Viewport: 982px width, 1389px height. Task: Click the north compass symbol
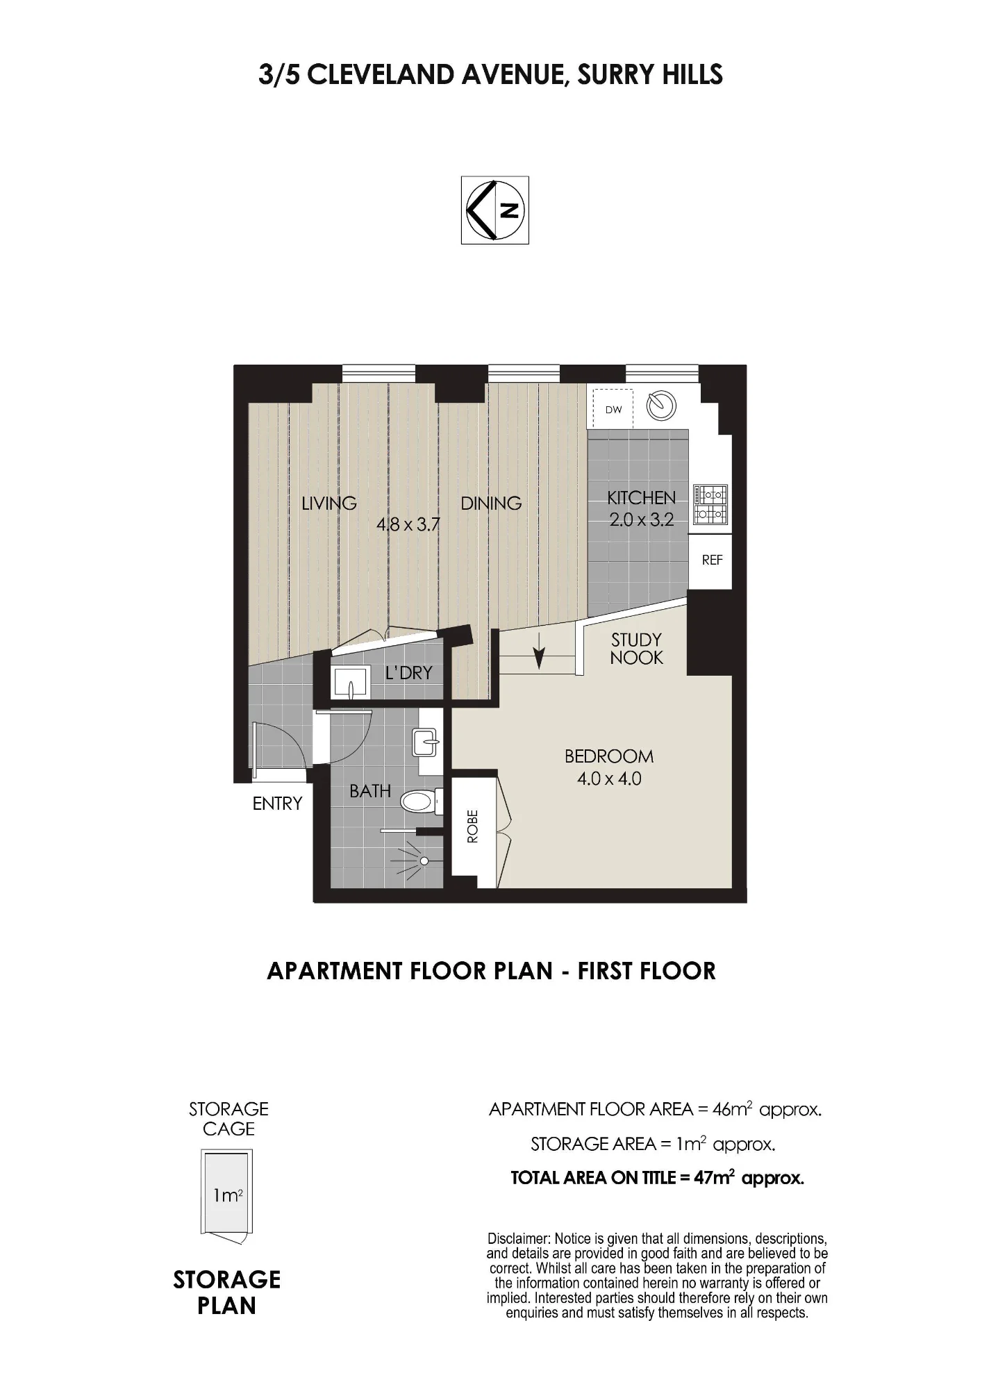coord(495,210)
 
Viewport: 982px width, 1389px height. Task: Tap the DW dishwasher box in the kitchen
coord(613,409)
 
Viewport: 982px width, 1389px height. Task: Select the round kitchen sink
coord(661,406)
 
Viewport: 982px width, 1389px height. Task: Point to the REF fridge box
coord(712,560)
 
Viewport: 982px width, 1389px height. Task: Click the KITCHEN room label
coord(641,498)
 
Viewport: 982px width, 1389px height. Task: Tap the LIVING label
coord(329,503)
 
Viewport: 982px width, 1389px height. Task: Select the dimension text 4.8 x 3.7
coord(408,524)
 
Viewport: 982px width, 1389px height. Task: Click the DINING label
coord(491,503)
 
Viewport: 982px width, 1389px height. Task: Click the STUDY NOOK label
coord(636,649)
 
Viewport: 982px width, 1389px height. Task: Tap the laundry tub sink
coord(352,681)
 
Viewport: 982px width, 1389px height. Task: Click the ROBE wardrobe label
coord(473,826)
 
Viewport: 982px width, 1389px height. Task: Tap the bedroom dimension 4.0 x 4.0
coord(609,779)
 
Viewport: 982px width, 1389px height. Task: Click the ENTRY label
coord(277,804)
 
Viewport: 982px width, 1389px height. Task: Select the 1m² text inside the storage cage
coord(228,1195)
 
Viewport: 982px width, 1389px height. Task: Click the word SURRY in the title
coord(609,75)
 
